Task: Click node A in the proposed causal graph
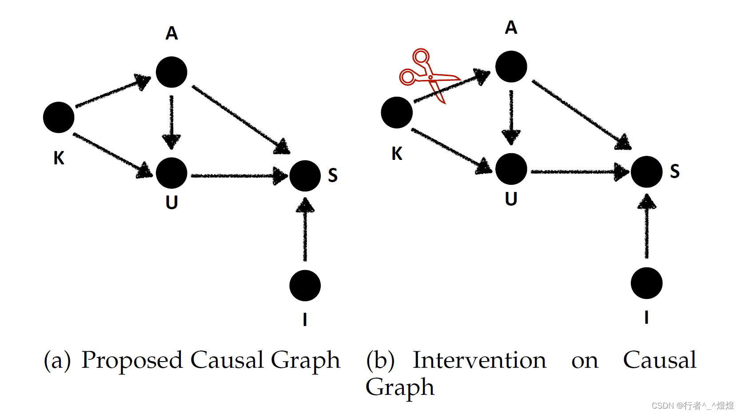(x=171, y=72)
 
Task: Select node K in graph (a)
(x=59, y=117)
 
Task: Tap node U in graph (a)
(x=171, y=173)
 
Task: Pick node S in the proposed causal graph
(x=305, y=176)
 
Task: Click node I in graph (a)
(x=305, y=285)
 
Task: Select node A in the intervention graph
(x=511, y=67)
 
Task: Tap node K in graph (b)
(x=397, y=112)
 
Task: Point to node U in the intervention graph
(x=511, y=169)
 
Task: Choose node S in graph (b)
(x=646, y=172)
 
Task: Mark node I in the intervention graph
(x=646, y=283)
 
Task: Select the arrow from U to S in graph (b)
(x=578, y=171)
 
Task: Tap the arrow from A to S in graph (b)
(x=580, y=113)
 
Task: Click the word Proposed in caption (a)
(x=132, y=360)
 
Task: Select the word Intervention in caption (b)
(x=479, y=360)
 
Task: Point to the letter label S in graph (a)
(x=333, y=175)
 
